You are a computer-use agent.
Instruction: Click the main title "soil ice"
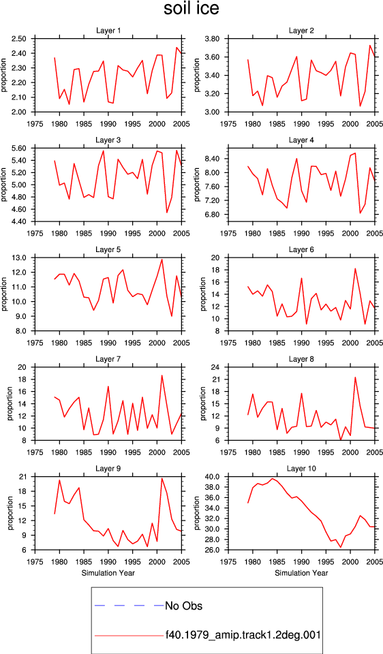[191, 9]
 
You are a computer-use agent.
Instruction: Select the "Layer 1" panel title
[108, 31]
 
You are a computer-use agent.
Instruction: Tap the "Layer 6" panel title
[301, 249]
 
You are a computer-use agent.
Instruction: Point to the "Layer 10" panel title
[301, 469]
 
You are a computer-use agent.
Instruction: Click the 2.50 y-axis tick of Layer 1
[20, 39]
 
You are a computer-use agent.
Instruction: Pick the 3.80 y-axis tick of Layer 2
[213, 39]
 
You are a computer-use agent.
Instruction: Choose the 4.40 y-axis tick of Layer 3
[20, 221]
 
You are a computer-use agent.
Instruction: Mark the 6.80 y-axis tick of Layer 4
[213, 215]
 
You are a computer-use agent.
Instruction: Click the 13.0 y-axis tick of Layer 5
[20, 258]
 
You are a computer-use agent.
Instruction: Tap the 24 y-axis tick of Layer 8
[217, 367]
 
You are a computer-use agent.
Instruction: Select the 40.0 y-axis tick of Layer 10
[213, 476]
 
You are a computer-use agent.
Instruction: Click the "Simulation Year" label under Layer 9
[108, 573]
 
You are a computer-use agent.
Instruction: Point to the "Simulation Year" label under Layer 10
[301, 573]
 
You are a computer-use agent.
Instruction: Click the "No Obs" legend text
[184, 606]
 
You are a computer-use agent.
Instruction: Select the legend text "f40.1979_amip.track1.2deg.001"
[243, 635]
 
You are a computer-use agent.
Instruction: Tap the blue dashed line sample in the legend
[129, 606]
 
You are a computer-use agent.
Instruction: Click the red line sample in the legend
[129, 636]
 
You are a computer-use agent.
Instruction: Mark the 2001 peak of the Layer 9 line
[162, 478]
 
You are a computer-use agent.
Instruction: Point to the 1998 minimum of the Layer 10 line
[341, 547]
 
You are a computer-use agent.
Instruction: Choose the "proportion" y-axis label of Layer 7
[9, 404]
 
